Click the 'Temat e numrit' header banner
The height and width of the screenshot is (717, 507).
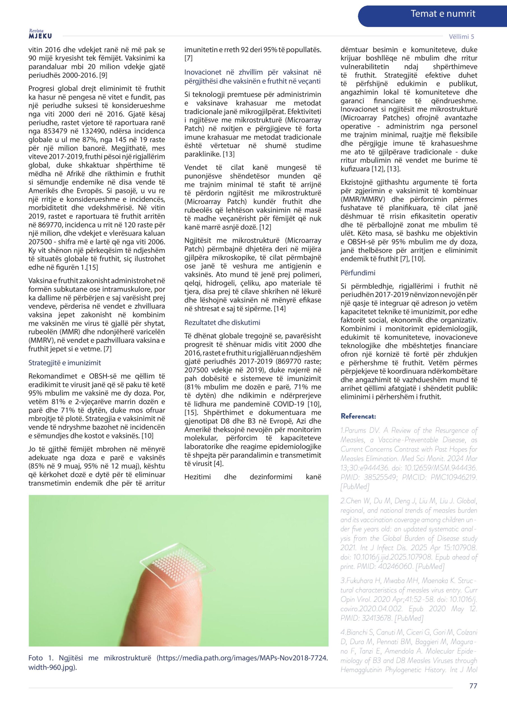tap(443, 14)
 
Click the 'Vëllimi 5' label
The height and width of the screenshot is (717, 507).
tap(461, 36)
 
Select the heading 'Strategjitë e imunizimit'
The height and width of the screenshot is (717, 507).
tap(65, 363)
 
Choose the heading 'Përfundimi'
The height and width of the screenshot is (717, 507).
tap(358, 273)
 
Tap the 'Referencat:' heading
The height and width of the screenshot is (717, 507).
tap(358, 416)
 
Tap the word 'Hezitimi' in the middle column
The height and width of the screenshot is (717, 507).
tap(197, 477)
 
